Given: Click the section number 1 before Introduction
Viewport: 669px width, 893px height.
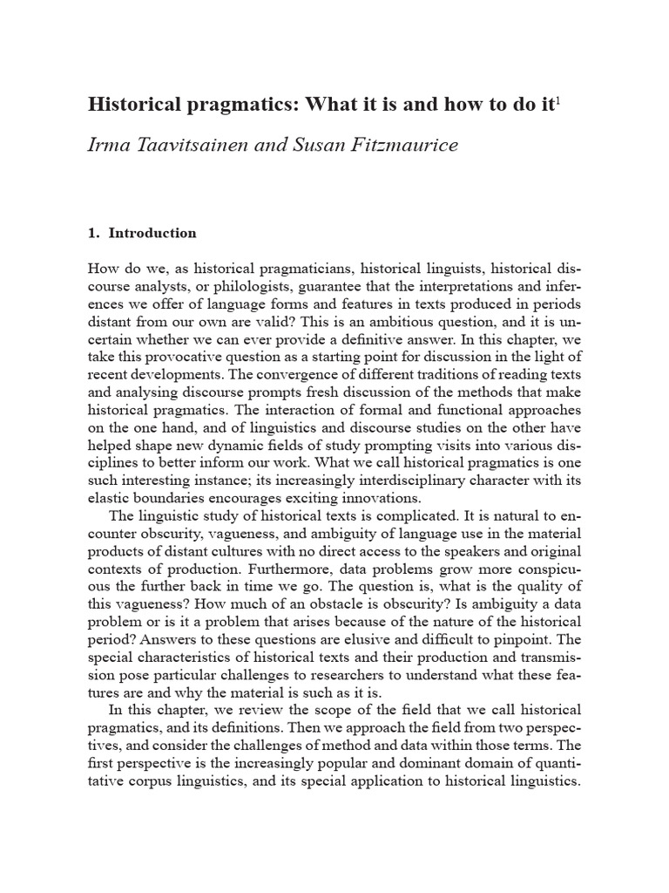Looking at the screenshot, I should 91,233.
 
